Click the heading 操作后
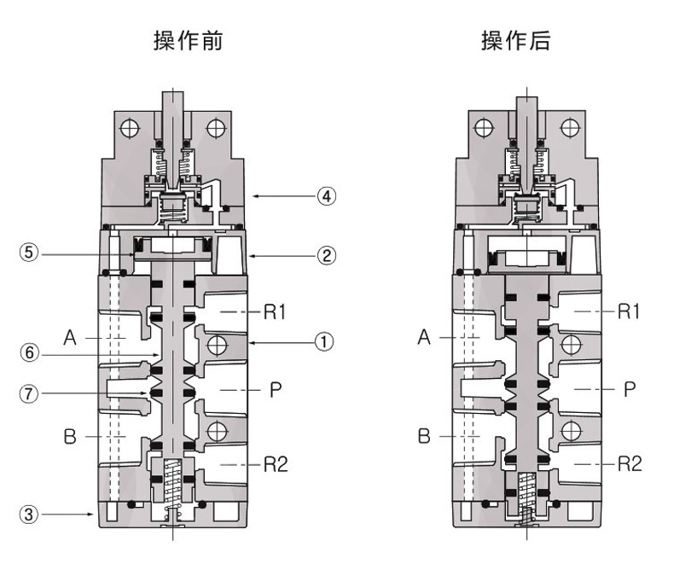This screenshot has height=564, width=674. click(516, 41)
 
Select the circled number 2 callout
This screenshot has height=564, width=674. click(326, 253)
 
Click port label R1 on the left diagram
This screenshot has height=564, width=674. click(274, 311)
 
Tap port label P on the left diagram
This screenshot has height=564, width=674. click(276, 390)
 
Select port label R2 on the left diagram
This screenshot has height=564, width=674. click(274, 464)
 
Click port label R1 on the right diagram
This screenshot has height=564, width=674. click(629, 311)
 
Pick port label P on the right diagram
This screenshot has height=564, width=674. click(630, 390)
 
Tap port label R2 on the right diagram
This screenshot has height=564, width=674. click(629, 464)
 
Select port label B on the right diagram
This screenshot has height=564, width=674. click(424, 437)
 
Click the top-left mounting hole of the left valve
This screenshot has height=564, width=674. click(130, 130)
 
